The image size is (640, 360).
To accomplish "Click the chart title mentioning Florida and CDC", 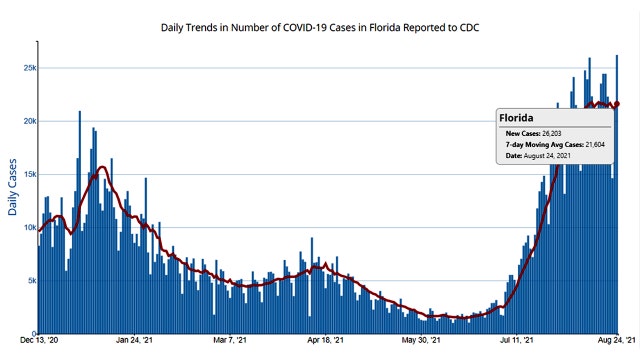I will [x=319, y=27].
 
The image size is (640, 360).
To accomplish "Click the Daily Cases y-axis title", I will [x=13, y=187].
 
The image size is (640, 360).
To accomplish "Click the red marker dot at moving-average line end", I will [x=617, y=104].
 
